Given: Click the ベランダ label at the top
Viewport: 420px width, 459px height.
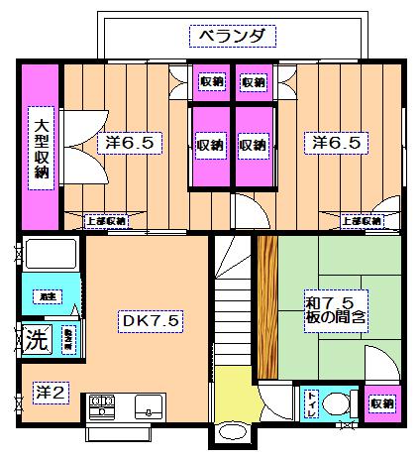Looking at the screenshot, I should click(231, 38).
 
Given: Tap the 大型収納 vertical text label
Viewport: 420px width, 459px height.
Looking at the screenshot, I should click(42, 146).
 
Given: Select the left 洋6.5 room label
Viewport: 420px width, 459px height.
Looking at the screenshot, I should click(127, 143).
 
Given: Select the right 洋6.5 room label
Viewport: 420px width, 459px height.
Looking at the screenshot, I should click(331, 143).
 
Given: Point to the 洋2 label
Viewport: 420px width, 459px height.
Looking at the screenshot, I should click(50, 393).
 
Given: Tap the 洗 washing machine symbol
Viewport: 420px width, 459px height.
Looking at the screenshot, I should click(36, 335).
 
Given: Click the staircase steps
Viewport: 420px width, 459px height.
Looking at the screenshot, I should click(234, 307).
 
